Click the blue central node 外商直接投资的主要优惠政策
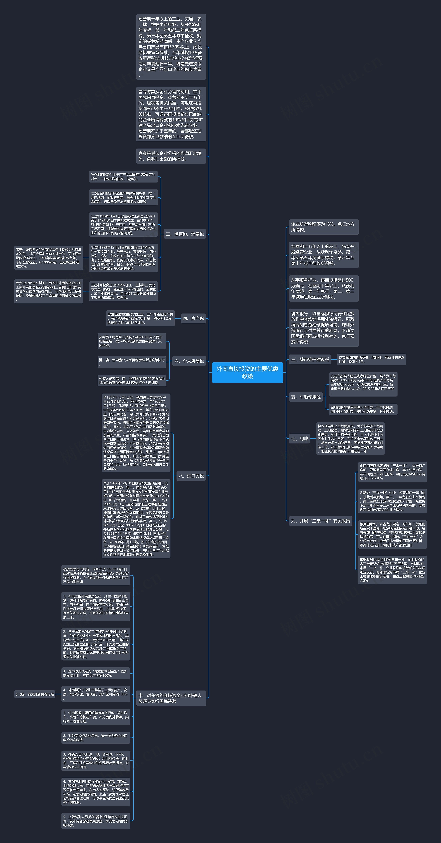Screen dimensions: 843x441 pos(247,372)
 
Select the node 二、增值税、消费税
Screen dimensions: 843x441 pos(185,234)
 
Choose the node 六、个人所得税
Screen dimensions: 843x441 pos(189,361)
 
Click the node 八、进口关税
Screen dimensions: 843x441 pos(191,476)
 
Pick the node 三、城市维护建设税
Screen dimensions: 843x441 pos(310,359)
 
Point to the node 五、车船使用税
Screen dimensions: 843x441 pos(306,397)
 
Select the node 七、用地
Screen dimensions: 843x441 pos(299,438)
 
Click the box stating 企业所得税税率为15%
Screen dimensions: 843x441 pos(323,227)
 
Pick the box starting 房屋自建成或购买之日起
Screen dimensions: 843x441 pos(140,318)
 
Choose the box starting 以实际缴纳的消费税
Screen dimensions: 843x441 pos(371,359)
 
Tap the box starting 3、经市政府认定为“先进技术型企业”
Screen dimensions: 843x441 pos(96,673)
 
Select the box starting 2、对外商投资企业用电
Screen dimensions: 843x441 pos(96,738)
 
